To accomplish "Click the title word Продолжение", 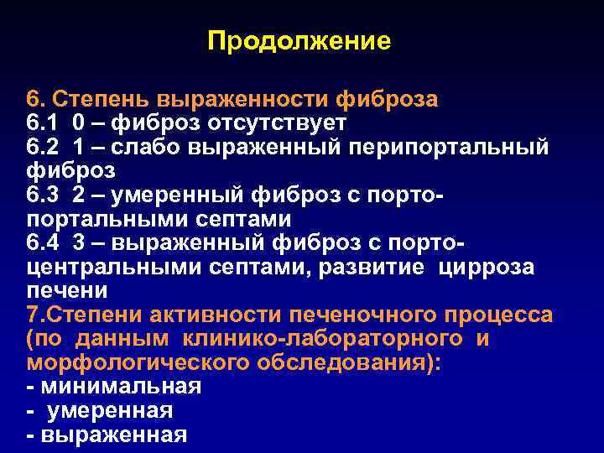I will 299,40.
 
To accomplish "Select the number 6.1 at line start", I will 44,123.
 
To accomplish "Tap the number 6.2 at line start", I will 44,148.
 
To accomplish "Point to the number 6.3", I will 44,195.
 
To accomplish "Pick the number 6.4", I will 44,243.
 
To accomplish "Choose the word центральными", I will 107,268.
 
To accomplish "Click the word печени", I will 67,291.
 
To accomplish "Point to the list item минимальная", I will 119,388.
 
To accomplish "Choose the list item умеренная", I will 111,411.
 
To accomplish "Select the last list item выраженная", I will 112,435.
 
